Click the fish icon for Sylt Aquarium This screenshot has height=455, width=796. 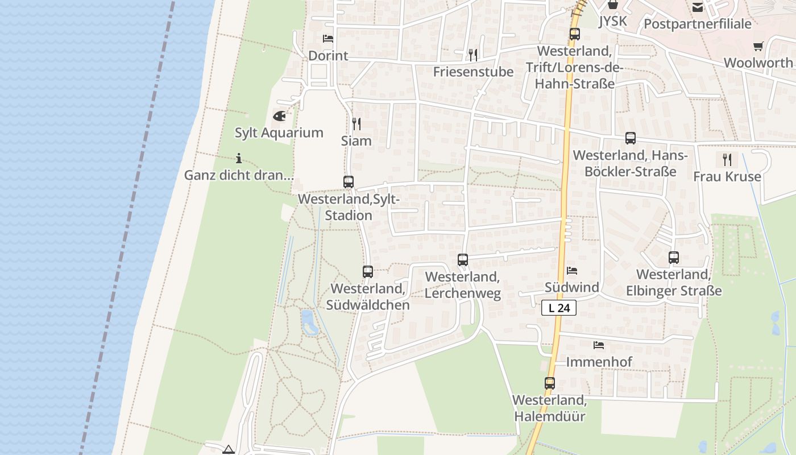279,116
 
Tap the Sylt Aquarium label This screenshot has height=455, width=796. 279,133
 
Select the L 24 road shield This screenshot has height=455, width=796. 559,308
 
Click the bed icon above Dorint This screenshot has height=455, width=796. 328,39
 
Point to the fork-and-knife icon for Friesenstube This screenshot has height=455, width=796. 472,55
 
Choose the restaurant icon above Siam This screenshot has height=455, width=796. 356,123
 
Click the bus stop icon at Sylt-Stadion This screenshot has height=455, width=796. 349,182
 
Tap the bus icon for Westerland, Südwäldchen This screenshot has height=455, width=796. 368,272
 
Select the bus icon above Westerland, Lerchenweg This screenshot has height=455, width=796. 463,260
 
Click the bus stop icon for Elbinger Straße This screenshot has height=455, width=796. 674,258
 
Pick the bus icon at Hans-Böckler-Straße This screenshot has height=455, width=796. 630,138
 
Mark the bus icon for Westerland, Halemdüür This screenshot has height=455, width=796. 550,383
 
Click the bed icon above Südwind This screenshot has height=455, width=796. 572,271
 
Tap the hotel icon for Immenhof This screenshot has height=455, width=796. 599,345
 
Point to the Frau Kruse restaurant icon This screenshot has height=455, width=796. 727,159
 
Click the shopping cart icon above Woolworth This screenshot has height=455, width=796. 758,46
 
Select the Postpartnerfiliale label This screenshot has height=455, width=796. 698,24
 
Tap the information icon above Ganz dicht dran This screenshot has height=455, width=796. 239,158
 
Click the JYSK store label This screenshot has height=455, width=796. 612,22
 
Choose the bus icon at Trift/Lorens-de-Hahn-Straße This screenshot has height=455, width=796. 575,34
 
